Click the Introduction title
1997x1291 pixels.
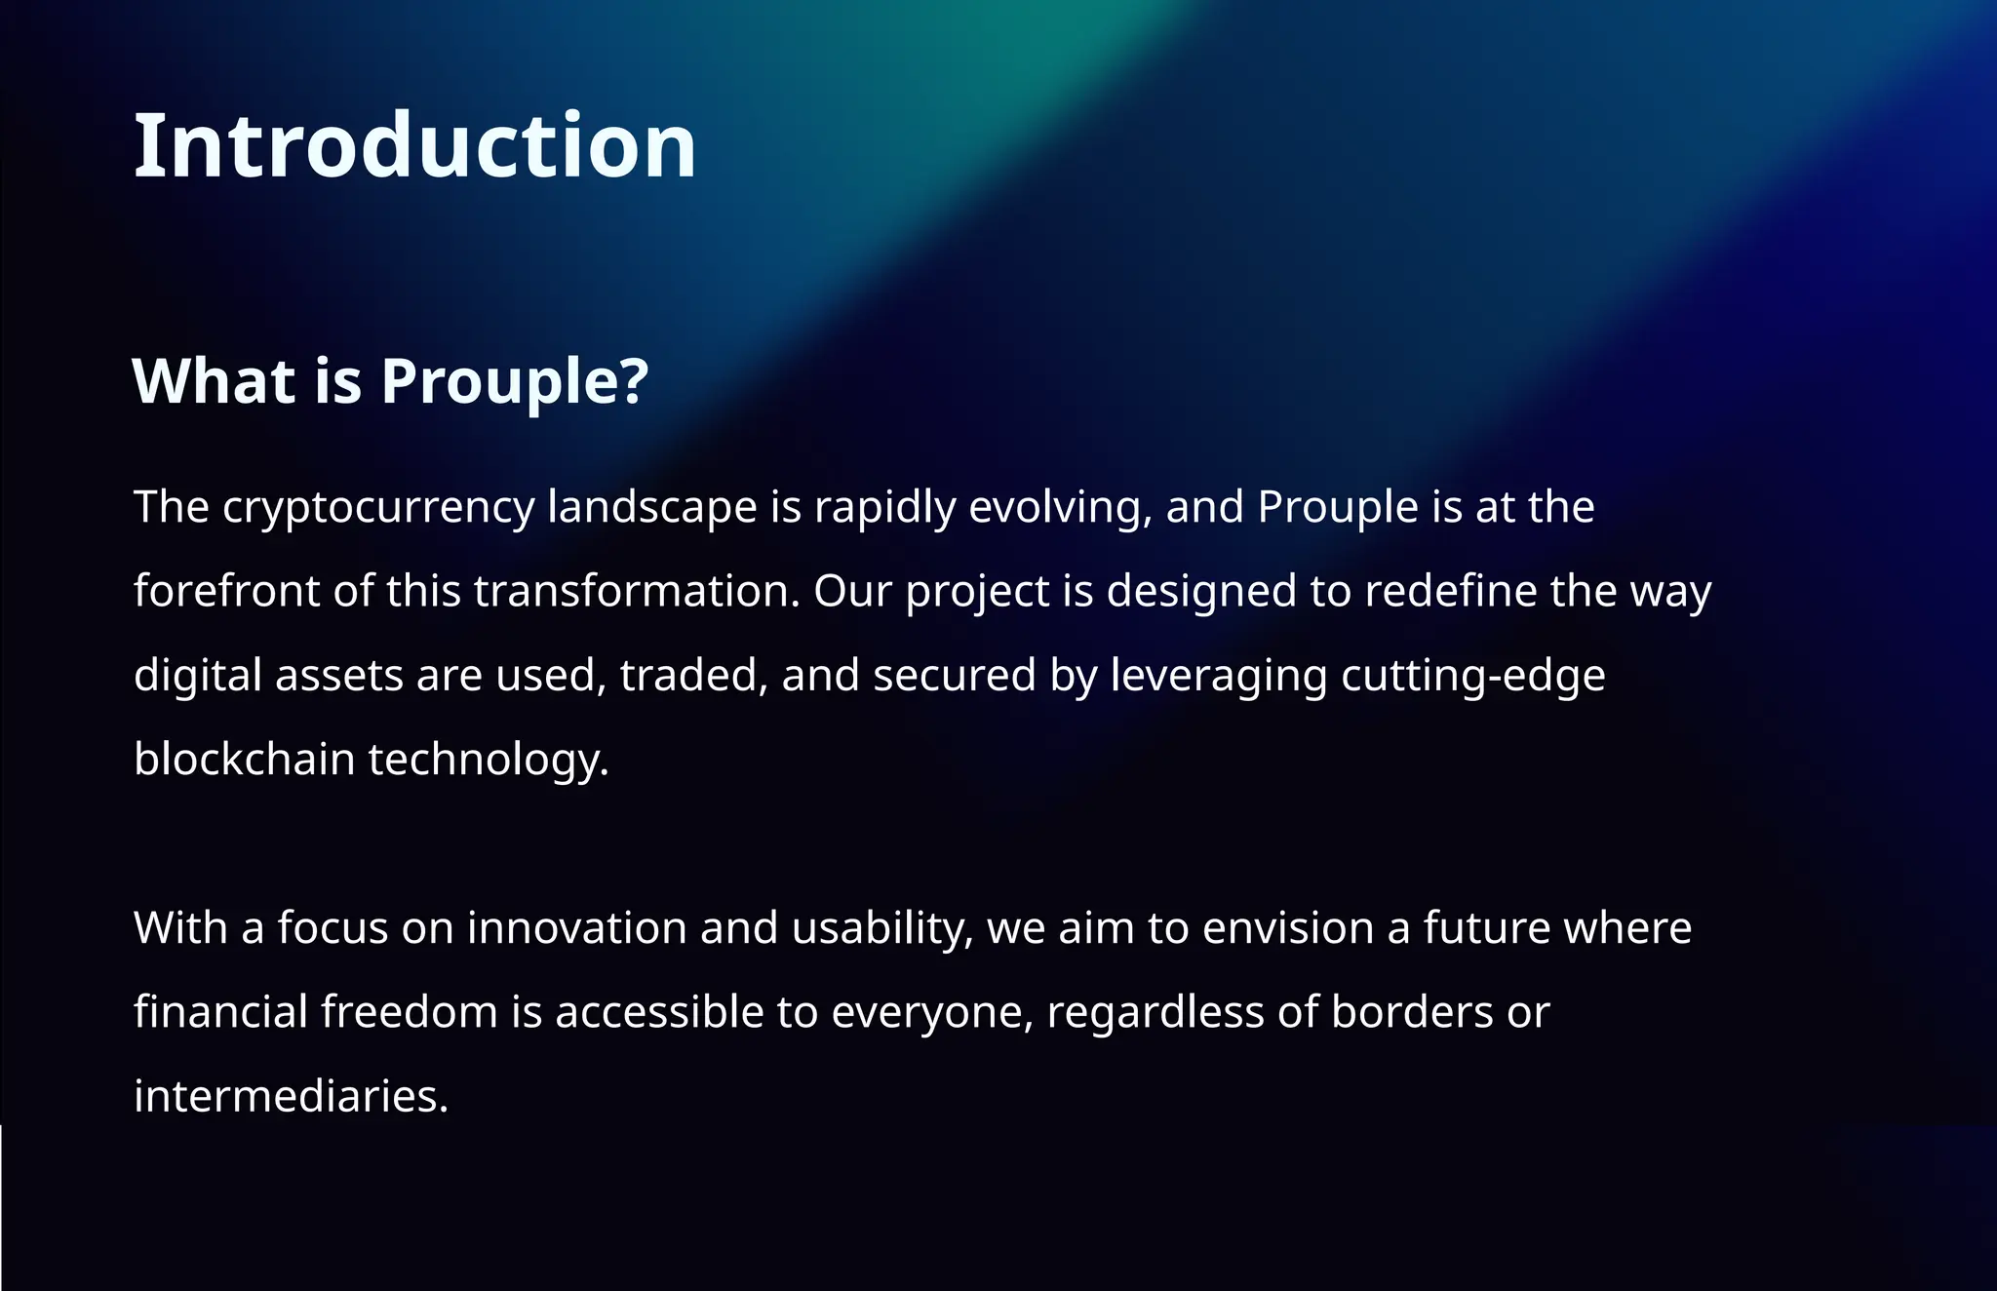(414, 146)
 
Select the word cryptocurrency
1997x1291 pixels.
(378, 508)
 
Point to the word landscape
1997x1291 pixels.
(651, 507)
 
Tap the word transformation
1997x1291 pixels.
(637, 591)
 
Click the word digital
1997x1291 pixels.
(197, 676)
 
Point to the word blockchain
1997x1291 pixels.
(244, 760)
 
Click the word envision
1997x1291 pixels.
(1287, 927)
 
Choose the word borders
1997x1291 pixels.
(1411, 1012)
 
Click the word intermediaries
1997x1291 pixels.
(291, 1096)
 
